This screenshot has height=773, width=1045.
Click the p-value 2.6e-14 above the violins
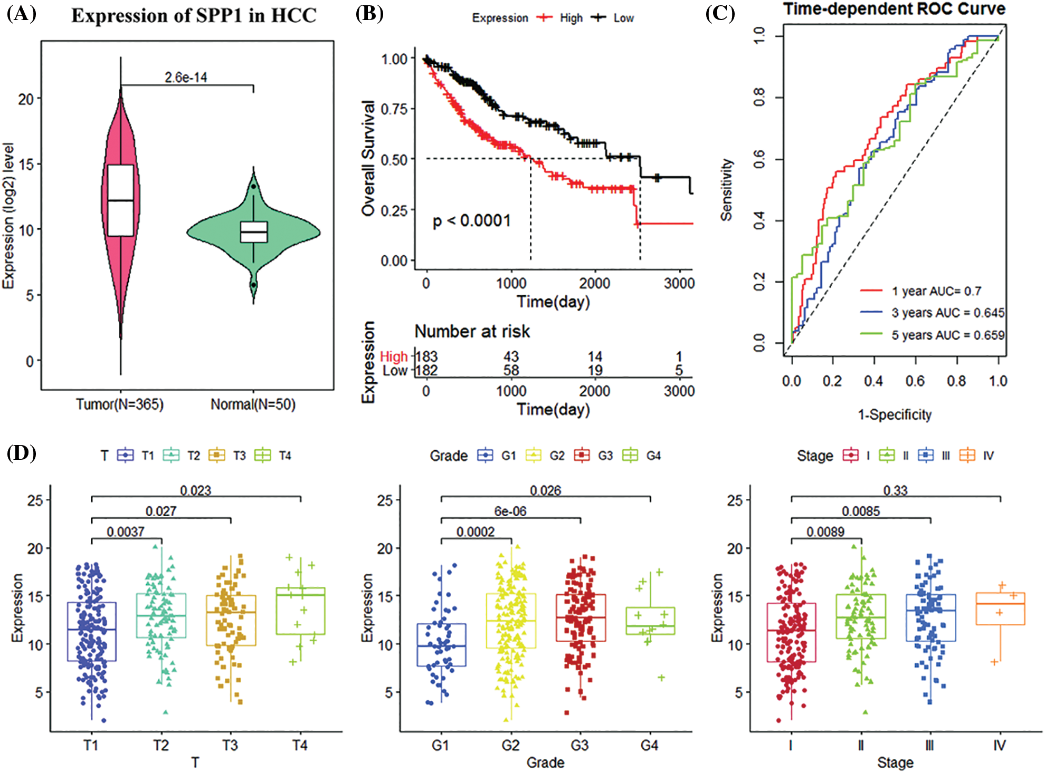click(x=186, y=78)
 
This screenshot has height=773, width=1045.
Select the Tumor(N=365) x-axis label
click(x=120, y=404)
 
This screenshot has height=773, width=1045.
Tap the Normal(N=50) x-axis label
click(x=253, y=404)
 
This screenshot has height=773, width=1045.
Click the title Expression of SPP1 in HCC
click(x=194, y=16)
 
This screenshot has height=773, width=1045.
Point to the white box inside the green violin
click(x=254, y=232)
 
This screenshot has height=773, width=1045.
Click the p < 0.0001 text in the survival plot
click(x=471, y=220)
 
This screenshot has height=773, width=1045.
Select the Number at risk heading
click(x=472, y=331)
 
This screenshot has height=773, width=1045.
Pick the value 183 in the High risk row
click(x=426, y=357)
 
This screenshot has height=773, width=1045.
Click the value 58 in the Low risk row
click(x=511, y=371)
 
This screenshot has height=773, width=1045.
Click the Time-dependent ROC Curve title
click(x=894, y=9)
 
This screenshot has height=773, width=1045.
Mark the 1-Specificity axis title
click(x=895, y=415)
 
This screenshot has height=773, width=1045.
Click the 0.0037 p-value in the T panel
click(x=126, y=532)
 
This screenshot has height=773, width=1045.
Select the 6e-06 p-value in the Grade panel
click(x=510, y=511)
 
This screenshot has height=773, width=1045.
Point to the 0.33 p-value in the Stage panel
click(x=895, y=490)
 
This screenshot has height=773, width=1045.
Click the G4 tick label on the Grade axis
click(x=649, y=745)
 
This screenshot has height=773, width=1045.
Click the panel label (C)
click(x=720, y=13)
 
